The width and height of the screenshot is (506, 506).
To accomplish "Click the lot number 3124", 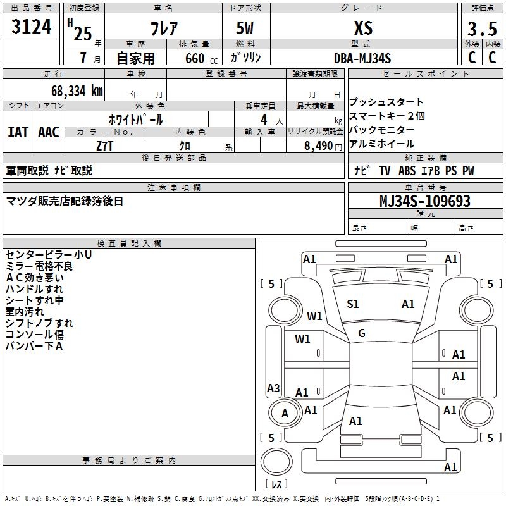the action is click(x=32, y=28).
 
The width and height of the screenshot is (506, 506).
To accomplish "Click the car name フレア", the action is click(x=163, y=28).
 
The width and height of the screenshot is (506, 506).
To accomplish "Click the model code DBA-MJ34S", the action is click(x=362, y=58).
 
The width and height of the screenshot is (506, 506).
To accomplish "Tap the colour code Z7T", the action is click(x=105, y=145).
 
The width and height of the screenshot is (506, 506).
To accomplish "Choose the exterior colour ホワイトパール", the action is click(x=135, y=120).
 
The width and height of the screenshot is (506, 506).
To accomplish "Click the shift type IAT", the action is click(x=18, y=132).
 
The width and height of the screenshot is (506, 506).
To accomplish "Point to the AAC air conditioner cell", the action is click(x=49, y=132).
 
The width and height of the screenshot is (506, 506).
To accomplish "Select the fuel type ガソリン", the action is click(x=246, y=58).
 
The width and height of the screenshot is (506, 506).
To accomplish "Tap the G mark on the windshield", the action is click(x=362, y=333).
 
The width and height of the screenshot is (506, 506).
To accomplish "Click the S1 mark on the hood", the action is click(x=353, y=304).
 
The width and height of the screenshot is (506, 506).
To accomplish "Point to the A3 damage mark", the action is click(x=273, y=388).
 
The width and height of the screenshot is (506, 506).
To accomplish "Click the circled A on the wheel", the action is click(x=285, y=413).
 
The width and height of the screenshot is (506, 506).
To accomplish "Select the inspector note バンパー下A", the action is click(x=34, y=346).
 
